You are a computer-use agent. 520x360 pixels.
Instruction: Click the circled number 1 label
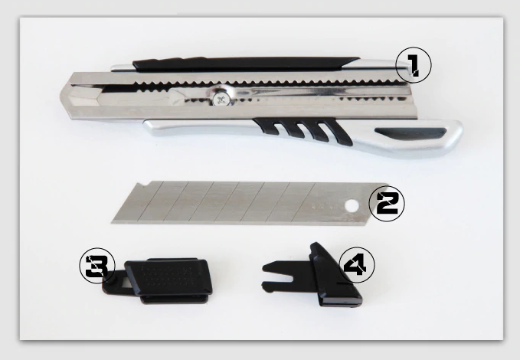[x=414, y=64]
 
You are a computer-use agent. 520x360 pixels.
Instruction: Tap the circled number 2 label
[x=387, y=204]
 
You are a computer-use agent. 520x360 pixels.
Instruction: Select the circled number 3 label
[x=97, y=266]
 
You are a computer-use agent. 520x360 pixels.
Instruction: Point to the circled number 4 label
[x=357, y=265]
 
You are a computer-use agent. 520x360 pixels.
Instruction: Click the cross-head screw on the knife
[x=221, y=99]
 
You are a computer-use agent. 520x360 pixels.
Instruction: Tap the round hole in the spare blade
[x=352, y=206]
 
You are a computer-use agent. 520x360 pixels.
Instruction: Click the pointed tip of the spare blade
[x=112, y=221]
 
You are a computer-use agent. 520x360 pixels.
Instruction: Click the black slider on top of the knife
[x=245, y=64]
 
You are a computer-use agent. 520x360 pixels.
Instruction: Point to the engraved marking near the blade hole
[x=324, y=206]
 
